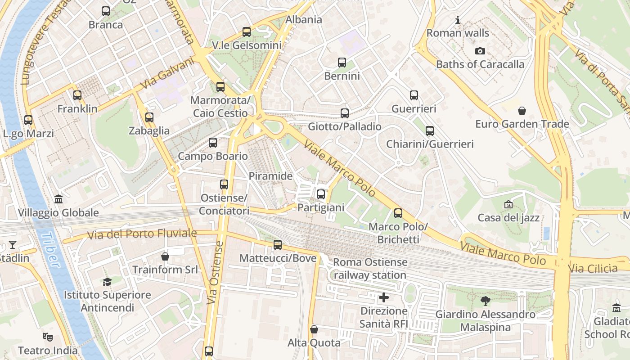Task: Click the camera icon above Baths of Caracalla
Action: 480,51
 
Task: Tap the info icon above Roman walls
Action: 458,20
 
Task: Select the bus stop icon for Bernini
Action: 342,63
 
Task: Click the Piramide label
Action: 271,176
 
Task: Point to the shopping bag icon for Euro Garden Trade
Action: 522,111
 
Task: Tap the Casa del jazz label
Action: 508,218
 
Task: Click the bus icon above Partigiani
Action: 320,194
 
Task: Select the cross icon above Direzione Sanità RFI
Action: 384,297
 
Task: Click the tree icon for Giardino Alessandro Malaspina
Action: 485,301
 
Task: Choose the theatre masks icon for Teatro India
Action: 47,337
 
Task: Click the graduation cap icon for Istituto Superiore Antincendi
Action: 107,282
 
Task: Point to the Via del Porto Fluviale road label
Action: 142,234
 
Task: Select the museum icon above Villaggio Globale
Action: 58,199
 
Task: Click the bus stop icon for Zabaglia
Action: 149,118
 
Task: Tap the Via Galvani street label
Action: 167,73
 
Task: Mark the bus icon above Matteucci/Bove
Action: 278,245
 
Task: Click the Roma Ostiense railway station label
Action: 370,268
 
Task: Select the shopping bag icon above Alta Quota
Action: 314,329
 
